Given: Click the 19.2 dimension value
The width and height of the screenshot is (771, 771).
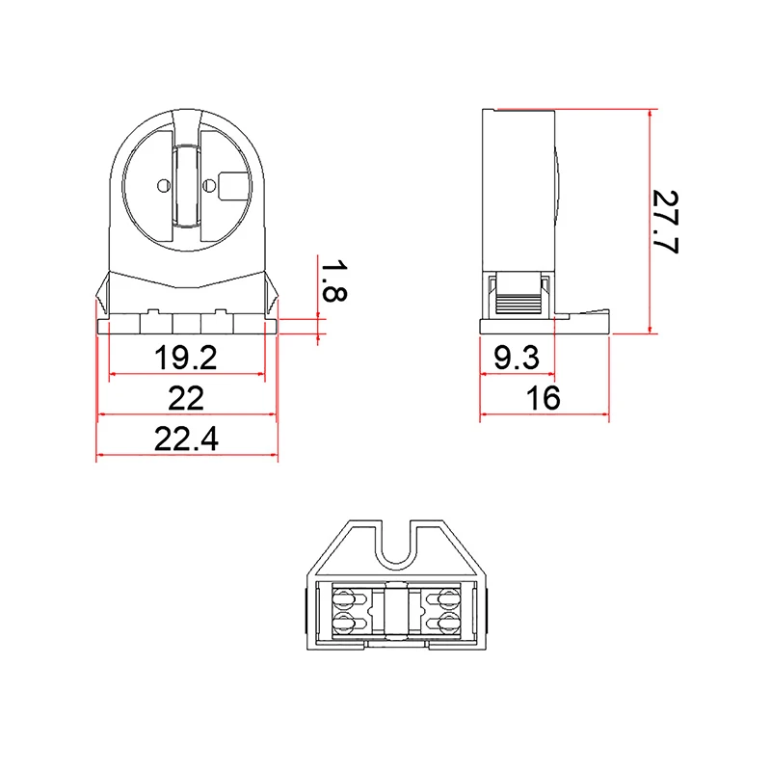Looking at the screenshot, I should pyautogui.click(x=186, y=359).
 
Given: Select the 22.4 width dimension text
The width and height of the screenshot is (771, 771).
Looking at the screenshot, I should pyautogui.click(x=186, y=439).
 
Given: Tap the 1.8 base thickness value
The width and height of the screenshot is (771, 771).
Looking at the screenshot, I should pyautogui.click(x=332, y=280).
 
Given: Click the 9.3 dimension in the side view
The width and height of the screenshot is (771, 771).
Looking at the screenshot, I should pyautogui.click(x=516, y=359).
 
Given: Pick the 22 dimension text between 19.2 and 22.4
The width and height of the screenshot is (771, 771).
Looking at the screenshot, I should pyautogui.click(x=186, y=398).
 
